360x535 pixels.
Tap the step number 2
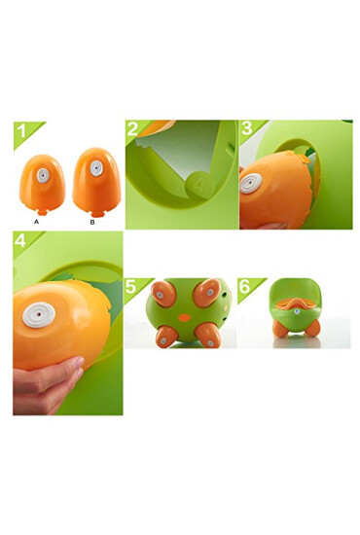[x=134, y=129]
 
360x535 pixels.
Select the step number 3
[x=247, y=129]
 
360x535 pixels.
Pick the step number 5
[x=134, y=288]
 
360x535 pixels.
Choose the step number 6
[x=247, y=288]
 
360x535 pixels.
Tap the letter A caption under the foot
[x=36, y=221]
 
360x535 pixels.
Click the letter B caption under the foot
[x=92, y=221]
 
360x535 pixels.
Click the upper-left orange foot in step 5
[x=162, y=292]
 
